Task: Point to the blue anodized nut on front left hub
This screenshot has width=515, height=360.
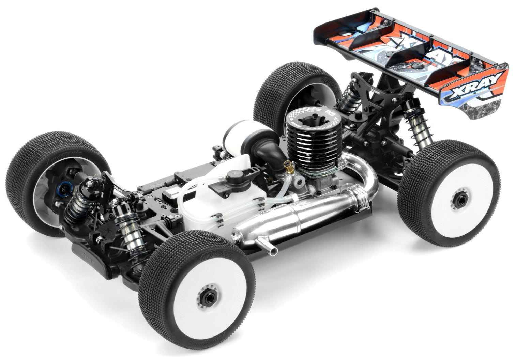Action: [63, 187]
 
